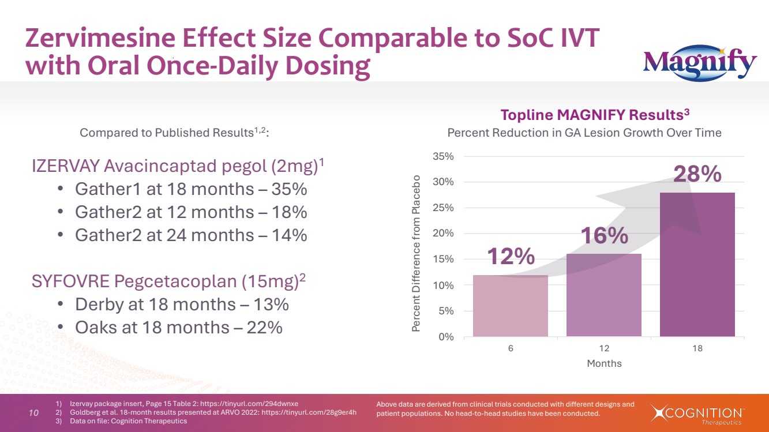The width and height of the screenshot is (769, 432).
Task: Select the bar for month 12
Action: pos(603,295)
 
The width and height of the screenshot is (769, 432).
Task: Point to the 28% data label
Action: pos(697,174)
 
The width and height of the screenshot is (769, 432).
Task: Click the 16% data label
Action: pos(603,235)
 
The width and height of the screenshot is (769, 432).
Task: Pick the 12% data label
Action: pos(511,257)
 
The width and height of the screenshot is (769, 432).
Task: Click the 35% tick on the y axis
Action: pos(444,156)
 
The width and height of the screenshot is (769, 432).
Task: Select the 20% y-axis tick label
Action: pos(444,234)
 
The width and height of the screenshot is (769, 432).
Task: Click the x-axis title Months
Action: pos(604,363)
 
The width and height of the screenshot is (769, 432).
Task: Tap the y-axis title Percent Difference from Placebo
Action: pos(417,253)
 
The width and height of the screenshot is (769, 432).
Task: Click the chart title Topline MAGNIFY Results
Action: pos(594,114)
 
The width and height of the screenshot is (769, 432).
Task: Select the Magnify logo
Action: pos(700,65)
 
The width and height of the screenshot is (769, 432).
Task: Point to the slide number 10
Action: pos(33,413)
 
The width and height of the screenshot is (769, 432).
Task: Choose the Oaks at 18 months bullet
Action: pos(178,328)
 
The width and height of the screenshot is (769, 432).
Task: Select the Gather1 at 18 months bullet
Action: pos(190,189)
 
